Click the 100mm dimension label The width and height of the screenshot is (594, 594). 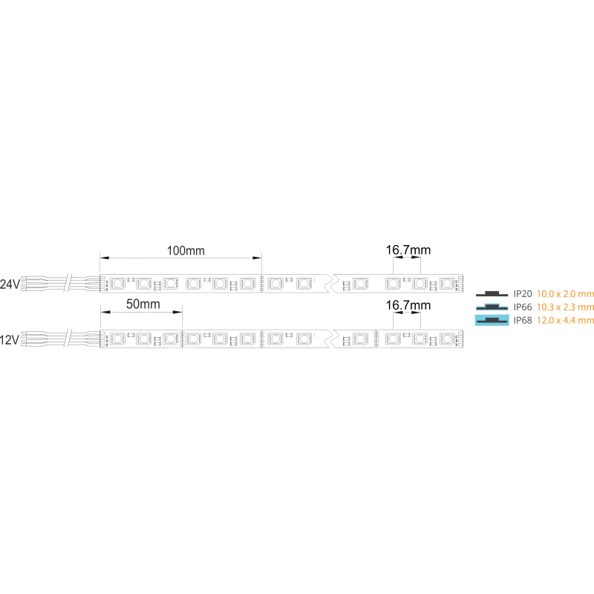tap(186, 250)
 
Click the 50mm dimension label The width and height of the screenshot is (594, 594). tap(143, 304)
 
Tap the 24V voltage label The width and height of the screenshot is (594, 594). tap(10, 284)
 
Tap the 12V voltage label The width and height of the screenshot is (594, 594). tap(10, 340)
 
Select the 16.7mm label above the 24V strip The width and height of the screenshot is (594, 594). tap(408, 250)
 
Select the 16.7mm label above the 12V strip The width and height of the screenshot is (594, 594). tap(408, 305)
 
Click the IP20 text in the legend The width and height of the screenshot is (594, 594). tap(523, 294)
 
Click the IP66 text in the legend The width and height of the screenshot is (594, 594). tap(523, 307)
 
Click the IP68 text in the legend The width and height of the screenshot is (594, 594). tap(523, 321)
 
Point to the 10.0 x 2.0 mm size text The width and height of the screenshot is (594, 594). tap(565, 294)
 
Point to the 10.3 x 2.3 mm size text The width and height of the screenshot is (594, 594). tap(565, 307)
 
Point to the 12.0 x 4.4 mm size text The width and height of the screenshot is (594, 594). tap(565, 321)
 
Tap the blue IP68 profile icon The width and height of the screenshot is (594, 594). tap(492, 321)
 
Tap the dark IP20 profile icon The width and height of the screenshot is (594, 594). tap(492, 293)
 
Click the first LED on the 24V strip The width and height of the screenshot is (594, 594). tap(117, 284)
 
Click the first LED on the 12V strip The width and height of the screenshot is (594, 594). tap(117, 339)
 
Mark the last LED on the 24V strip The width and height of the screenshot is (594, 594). tap(447, 284)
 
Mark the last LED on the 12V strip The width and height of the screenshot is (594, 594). tap(447, 339)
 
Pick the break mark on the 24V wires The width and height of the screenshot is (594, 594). tap(68, 284)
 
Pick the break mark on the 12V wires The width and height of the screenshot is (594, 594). tap(68, 339)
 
